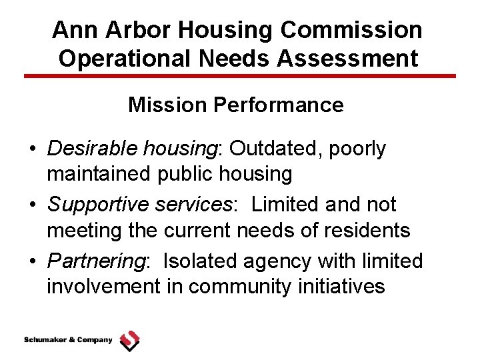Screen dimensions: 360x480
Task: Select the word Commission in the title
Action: (x=353, y=30)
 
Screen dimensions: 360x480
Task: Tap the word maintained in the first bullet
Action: (x=99, y=174)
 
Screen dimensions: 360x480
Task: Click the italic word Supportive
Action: (x=92, y=204)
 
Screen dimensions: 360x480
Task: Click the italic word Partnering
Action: (x=96, y=261)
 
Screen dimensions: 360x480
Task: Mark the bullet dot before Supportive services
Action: (x=33, y=205)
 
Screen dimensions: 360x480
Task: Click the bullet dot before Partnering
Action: (x=33, y=261)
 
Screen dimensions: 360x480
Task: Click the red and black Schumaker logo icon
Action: (x=129, y=340)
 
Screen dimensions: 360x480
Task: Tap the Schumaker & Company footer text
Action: (x=68, y=340)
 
